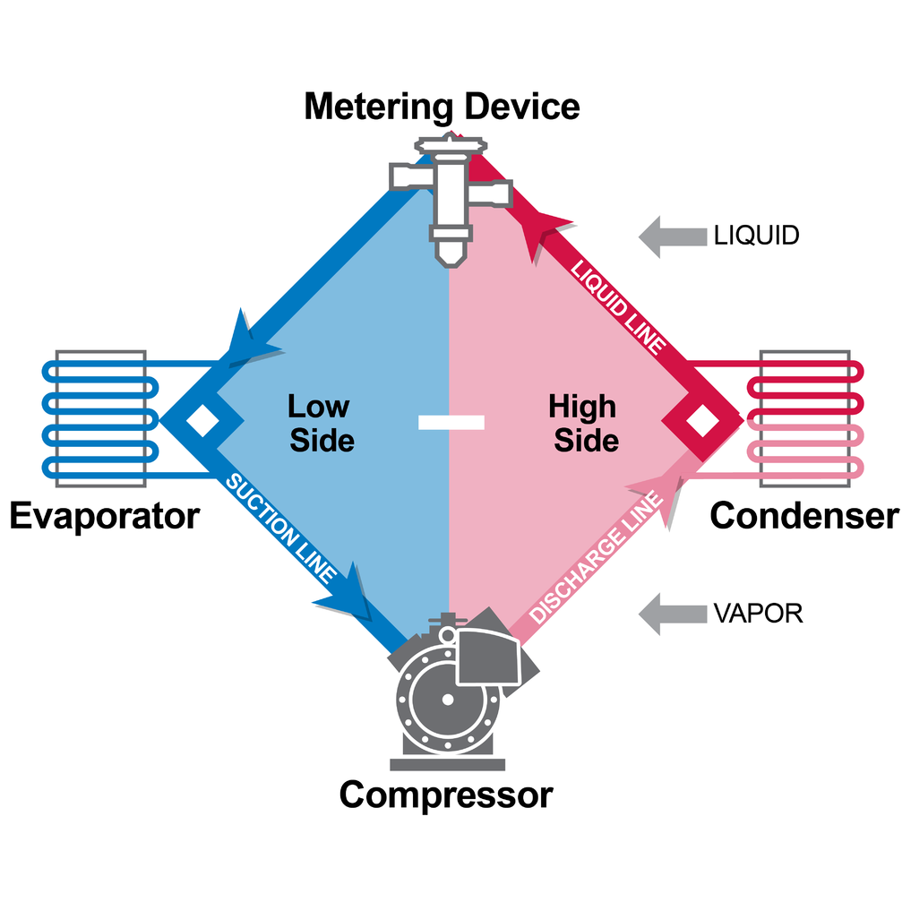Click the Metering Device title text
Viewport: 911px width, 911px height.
click(442, 106)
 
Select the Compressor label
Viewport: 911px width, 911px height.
click(445, 795)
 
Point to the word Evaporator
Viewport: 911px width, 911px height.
click(104, 517)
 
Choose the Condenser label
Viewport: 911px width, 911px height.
click(804, 517)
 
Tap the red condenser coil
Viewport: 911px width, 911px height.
click(805, 418)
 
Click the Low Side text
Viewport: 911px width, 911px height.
click(320, 423)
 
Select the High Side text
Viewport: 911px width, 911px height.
click(584, 423)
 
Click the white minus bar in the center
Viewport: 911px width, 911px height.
click(451, 422)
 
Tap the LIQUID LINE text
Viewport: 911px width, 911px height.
click(619, 305)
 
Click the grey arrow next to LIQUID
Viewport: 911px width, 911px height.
click(671, 236)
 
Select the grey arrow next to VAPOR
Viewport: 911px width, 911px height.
click(671, 614)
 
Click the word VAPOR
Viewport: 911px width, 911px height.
click(758, 614)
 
